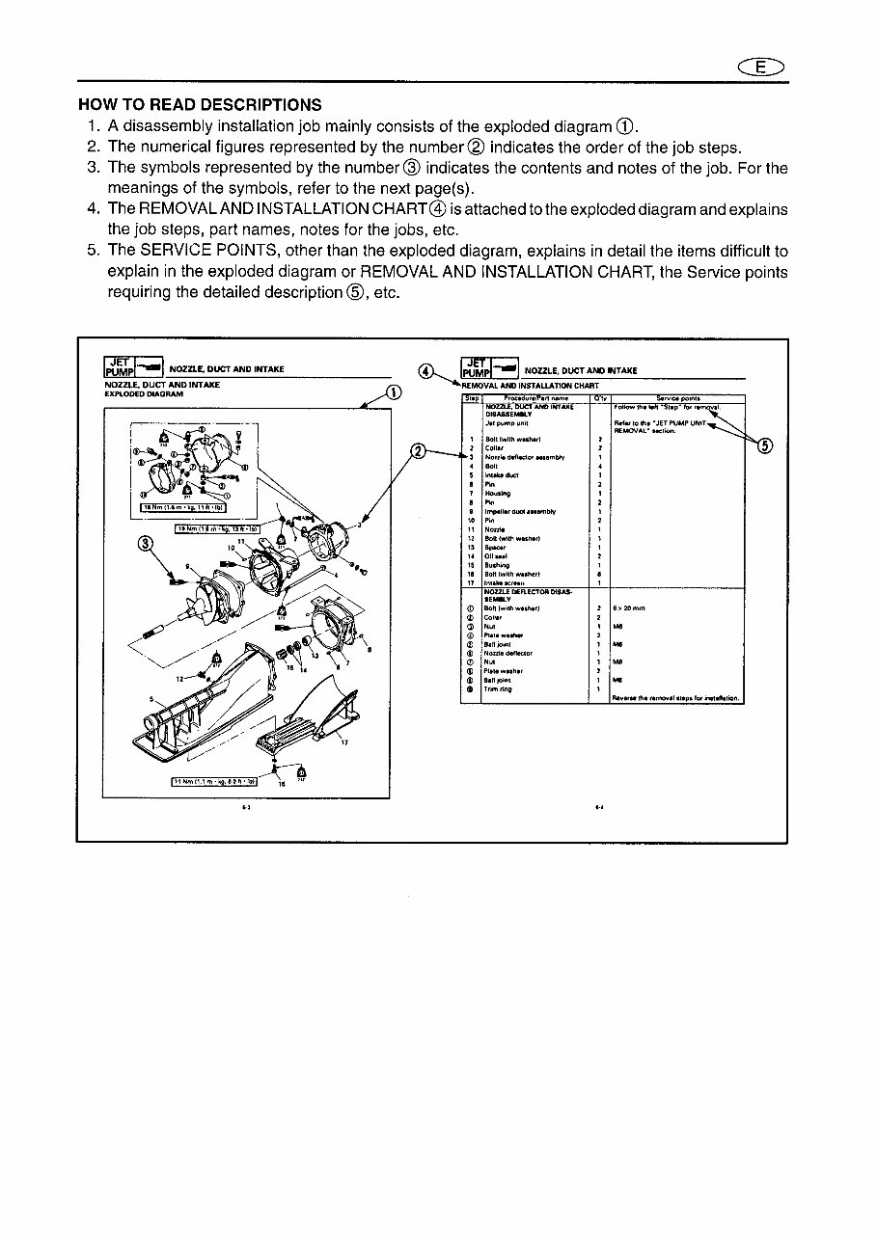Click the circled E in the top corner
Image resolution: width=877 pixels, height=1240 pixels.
(x=763, y=66)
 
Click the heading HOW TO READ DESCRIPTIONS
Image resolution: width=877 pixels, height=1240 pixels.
(x=200, y=105)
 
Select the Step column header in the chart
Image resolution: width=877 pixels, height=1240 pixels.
(x=471, y=397)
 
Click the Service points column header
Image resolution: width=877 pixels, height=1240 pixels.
(x=680, y=397)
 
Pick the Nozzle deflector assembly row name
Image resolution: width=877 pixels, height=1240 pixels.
(x=525, y=457)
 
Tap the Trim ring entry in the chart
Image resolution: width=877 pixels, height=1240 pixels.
(x=499, y=688)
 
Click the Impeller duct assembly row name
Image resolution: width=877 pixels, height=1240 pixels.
(x=521, y=511)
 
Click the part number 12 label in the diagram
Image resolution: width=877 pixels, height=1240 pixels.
(x=179, y=678)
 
